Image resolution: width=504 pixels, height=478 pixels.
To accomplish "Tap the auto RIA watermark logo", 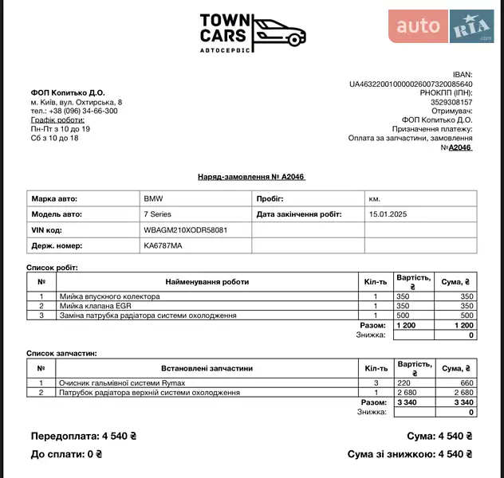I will (441, 26).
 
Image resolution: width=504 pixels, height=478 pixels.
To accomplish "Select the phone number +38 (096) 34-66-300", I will (74, 111).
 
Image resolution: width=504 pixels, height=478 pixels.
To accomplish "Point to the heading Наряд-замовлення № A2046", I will (251, 177).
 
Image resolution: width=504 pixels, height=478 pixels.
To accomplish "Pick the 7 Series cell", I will (157, 214).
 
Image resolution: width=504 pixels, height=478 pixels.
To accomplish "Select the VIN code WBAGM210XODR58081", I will (185, 230).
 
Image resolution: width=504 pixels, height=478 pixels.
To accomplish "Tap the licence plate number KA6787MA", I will (163, 246).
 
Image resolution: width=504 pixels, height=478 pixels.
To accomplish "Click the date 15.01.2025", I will (388, 214).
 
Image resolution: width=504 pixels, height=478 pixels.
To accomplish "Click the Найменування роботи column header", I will (207, 281).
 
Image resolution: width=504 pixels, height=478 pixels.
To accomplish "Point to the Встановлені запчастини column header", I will (207, 368).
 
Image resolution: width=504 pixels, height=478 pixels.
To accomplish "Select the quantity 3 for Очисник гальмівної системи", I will (376, 383).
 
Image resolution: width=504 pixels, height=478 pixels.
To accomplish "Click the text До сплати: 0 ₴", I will (66, 454).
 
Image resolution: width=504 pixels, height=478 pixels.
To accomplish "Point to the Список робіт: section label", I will (53, 268).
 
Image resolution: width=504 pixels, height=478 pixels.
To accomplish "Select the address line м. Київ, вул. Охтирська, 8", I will (77, 102).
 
